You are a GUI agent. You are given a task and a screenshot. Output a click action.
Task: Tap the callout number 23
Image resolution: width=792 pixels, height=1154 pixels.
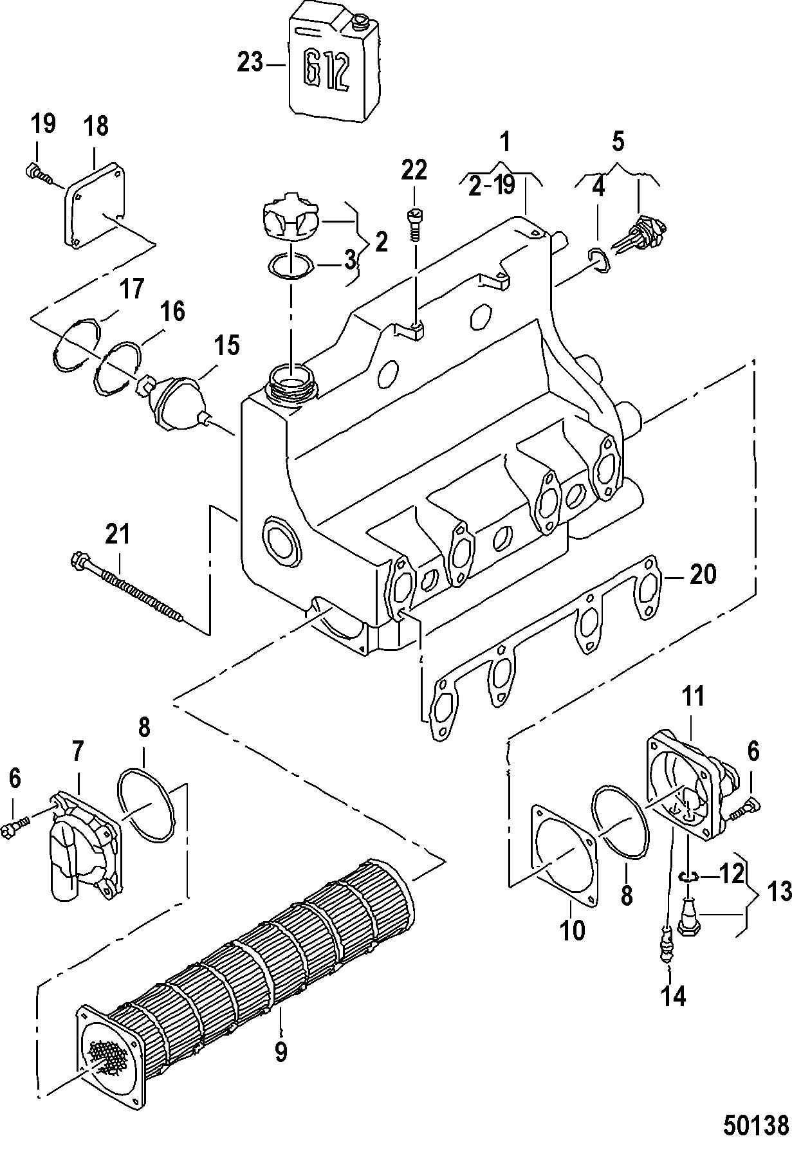[250, 63]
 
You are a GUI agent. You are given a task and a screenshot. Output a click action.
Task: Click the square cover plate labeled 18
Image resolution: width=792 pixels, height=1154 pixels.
[96, 204]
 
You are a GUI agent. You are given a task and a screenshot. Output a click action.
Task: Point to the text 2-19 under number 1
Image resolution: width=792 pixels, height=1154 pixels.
[492, 186]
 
